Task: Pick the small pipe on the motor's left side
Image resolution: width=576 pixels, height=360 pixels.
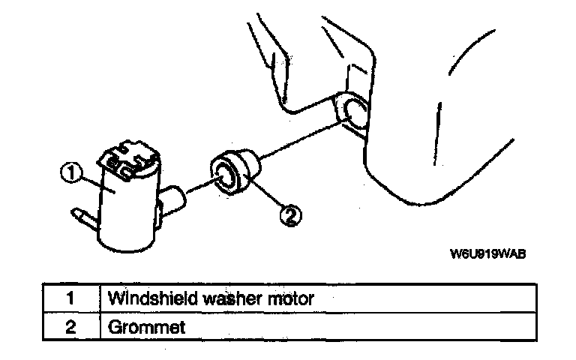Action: pos(82,217)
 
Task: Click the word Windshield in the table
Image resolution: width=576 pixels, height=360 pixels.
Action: pos(147,298)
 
